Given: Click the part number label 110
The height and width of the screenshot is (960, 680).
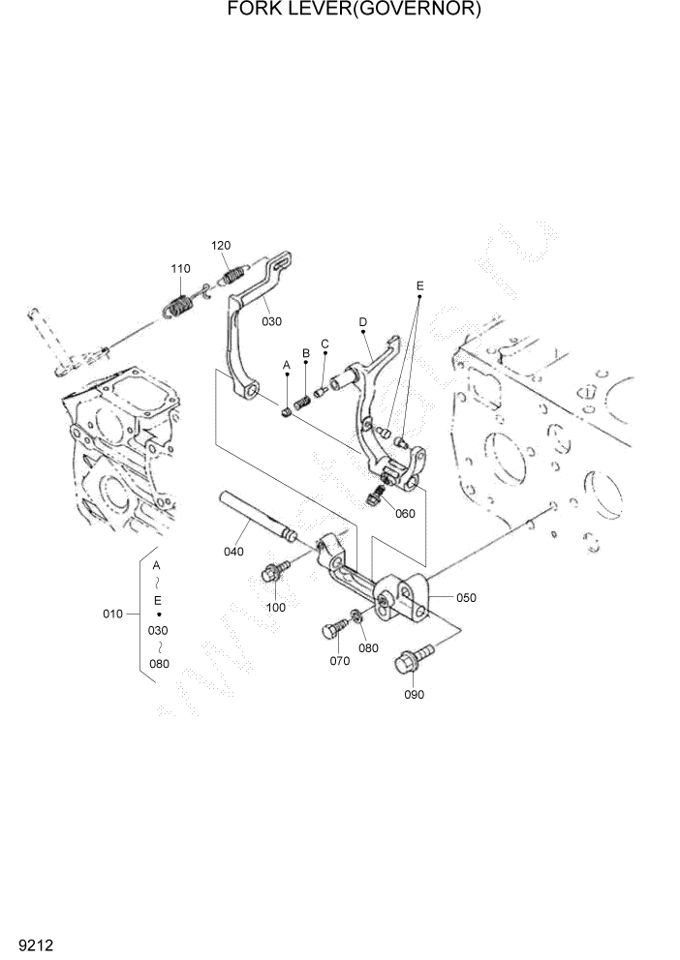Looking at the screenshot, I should (180, 268).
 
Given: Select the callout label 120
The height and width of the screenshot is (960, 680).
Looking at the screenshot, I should (222, 245).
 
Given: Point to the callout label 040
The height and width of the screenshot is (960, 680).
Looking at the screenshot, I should (233, 552).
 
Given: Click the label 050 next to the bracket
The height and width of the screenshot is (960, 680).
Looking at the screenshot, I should (466, 597).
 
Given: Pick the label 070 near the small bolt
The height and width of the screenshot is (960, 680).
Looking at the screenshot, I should (339, 661).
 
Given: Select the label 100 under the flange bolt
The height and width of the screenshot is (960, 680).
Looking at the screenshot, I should (276, 607).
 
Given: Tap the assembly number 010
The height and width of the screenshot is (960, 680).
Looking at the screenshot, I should (113, 614).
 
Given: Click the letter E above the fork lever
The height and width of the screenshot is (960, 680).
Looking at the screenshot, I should (419, 286).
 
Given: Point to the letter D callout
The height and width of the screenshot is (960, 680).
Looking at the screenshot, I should (362, 321).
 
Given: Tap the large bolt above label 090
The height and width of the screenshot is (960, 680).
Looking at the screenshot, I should (408, 664).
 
